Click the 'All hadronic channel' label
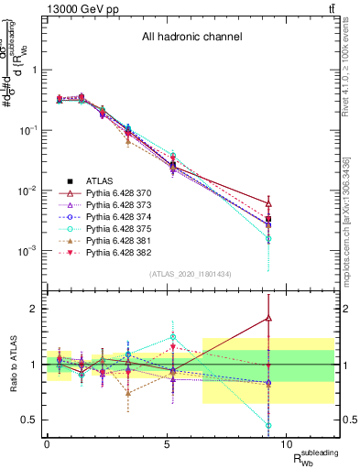click(x=191, y=38)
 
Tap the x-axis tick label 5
click(x=167, y=443)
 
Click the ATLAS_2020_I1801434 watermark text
click(x=191, y=274)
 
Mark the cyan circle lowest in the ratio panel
click(x=268, y=425)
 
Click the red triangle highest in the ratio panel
click(x=268, y=318)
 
